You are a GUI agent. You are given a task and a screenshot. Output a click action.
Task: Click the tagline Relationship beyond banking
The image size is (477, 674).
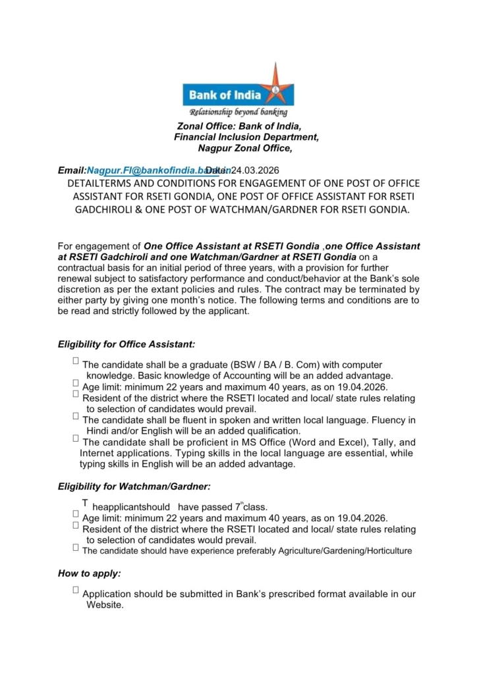238,113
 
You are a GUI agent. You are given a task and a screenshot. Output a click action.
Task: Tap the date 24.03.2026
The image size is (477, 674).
252,170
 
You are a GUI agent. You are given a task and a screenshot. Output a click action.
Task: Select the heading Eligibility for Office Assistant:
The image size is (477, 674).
126,344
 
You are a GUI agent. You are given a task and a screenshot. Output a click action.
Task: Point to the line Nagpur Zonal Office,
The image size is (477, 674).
240,149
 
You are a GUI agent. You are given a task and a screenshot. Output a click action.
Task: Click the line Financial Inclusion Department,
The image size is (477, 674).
246,137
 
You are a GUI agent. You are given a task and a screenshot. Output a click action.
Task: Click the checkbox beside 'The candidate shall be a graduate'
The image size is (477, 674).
76,361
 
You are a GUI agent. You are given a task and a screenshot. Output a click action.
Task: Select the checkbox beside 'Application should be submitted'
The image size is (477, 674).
76,590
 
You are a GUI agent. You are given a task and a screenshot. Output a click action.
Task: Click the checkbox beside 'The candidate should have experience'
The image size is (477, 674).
76,547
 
